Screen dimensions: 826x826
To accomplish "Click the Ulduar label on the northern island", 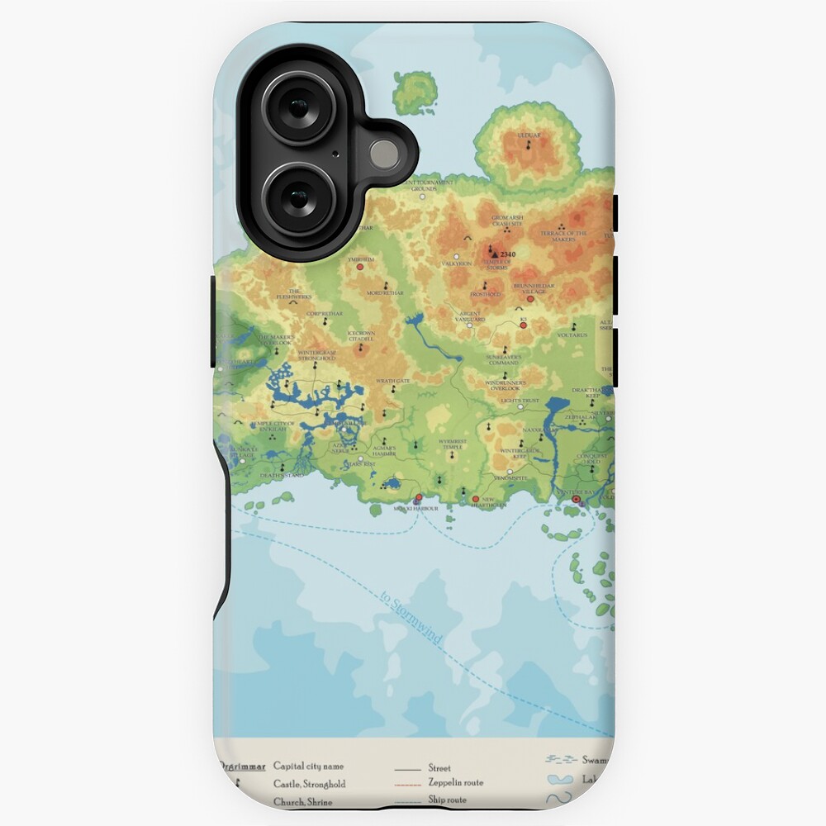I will click(x=528, y=134).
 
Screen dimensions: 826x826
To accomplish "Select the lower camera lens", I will click(x=298, y=198).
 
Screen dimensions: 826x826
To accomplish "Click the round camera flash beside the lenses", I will click(x=383, y=154).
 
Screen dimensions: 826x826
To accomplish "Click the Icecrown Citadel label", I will click(x=362, y=336).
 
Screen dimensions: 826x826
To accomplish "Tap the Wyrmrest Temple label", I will click(x=452, y=444).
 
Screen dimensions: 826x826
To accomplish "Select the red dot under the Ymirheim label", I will click(x=360, y=268).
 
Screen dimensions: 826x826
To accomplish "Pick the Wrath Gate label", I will click(x=393, y=381).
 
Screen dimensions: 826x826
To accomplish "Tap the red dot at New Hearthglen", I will click(x=476, y=499).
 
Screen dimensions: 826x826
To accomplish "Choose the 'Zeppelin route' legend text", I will click(x=456, y=782).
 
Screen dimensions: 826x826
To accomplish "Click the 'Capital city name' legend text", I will click(x=308, y=766).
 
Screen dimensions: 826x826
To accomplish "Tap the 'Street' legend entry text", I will click(x=439, y=767).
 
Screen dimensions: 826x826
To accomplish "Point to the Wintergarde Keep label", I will click(x=508, y=453).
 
